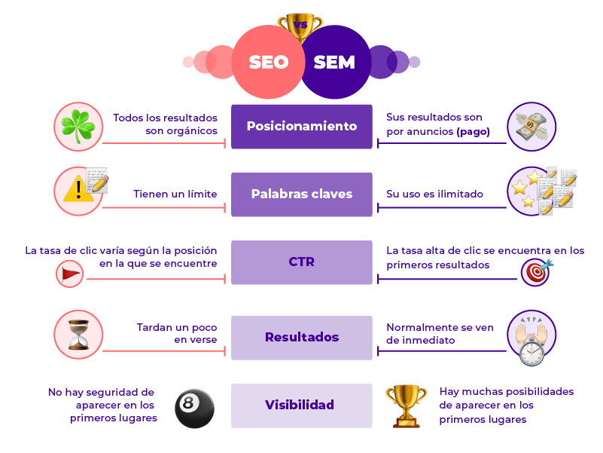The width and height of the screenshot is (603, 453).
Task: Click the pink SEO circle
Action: click(267, 62)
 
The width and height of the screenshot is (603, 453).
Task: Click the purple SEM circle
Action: click(336, 62)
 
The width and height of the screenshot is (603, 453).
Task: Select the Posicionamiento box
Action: click(301, 126)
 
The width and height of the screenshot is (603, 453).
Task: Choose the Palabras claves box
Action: click(301, 194)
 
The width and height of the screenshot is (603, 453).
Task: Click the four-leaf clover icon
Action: click(78, 126)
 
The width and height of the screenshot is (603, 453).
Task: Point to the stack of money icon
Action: click(531, 127)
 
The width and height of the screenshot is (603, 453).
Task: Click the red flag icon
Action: click(71, 274)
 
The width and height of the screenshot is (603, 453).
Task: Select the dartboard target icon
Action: click(535, 272)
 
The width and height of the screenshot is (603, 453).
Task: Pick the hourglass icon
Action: click(78, 334)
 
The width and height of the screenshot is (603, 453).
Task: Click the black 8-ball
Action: click(194, 408)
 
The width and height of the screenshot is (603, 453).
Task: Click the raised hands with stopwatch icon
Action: click(531, 338)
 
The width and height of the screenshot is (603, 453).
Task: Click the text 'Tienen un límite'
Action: click(175, 194)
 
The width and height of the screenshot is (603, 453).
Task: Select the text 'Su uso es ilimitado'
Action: click(434, 194)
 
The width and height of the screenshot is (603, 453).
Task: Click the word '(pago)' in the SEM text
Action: click(473, 131)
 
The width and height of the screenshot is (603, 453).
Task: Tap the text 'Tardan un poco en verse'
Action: click(177, 333)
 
